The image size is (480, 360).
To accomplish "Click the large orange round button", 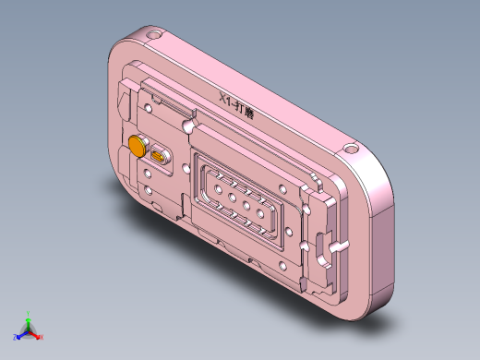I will coord(138,146).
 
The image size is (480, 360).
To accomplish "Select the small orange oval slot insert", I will coord(159,158).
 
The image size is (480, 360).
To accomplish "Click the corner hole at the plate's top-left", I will coord(152,37).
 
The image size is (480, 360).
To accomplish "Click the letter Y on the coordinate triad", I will coord(29,313).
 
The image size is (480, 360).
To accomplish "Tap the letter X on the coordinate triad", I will coord(43,339).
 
